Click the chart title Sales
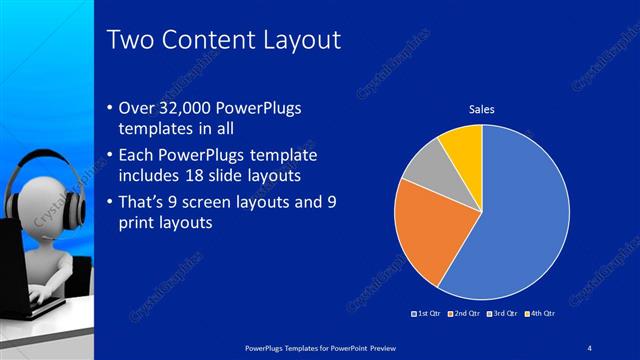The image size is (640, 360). (x=482, y=109)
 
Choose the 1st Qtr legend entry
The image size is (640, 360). (x=428, y=315)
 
